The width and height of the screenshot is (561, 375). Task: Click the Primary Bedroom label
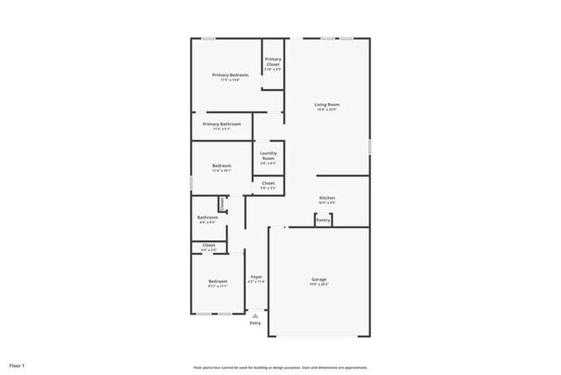click(230, 75)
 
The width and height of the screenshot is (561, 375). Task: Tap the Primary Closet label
click(273, 61)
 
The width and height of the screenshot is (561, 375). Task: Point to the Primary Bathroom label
click(222, 124)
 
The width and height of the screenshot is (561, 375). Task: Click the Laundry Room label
click(268, 156)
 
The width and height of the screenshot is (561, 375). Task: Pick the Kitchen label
click(327, 199)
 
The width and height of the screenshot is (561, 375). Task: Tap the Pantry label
click(323, 220)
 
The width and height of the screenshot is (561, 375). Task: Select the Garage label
click(319, 279)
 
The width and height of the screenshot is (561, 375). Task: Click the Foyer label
click(256, 276)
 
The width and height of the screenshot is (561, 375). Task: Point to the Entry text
click(255, 323)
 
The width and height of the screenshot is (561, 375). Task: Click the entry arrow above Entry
click(255, 315)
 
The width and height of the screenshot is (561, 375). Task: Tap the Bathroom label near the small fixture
click(207, 218)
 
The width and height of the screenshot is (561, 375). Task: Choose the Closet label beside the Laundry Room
click(268, 183)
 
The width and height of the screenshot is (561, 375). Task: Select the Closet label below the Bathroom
click(209, 245)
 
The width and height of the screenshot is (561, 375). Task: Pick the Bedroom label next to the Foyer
click(217, 282)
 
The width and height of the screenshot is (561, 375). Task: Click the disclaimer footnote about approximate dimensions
click(280, 367)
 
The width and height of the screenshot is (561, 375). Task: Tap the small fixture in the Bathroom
click(223, 204)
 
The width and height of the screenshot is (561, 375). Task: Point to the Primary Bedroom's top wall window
click(209, 38)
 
